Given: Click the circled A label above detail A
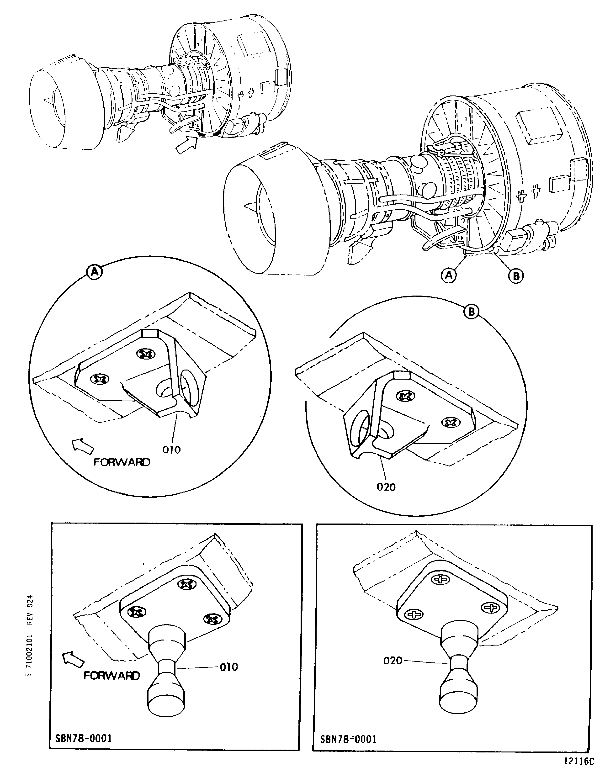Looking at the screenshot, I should point(94,272).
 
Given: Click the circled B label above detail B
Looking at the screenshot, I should point(471,312).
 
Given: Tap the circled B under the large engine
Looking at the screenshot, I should point(516,276).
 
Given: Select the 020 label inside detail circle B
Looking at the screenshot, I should point(386,487).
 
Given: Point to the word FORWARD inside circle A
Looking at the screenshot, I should point(122,462).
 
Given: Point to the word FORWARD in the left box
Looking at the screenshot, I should point(111,675).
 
